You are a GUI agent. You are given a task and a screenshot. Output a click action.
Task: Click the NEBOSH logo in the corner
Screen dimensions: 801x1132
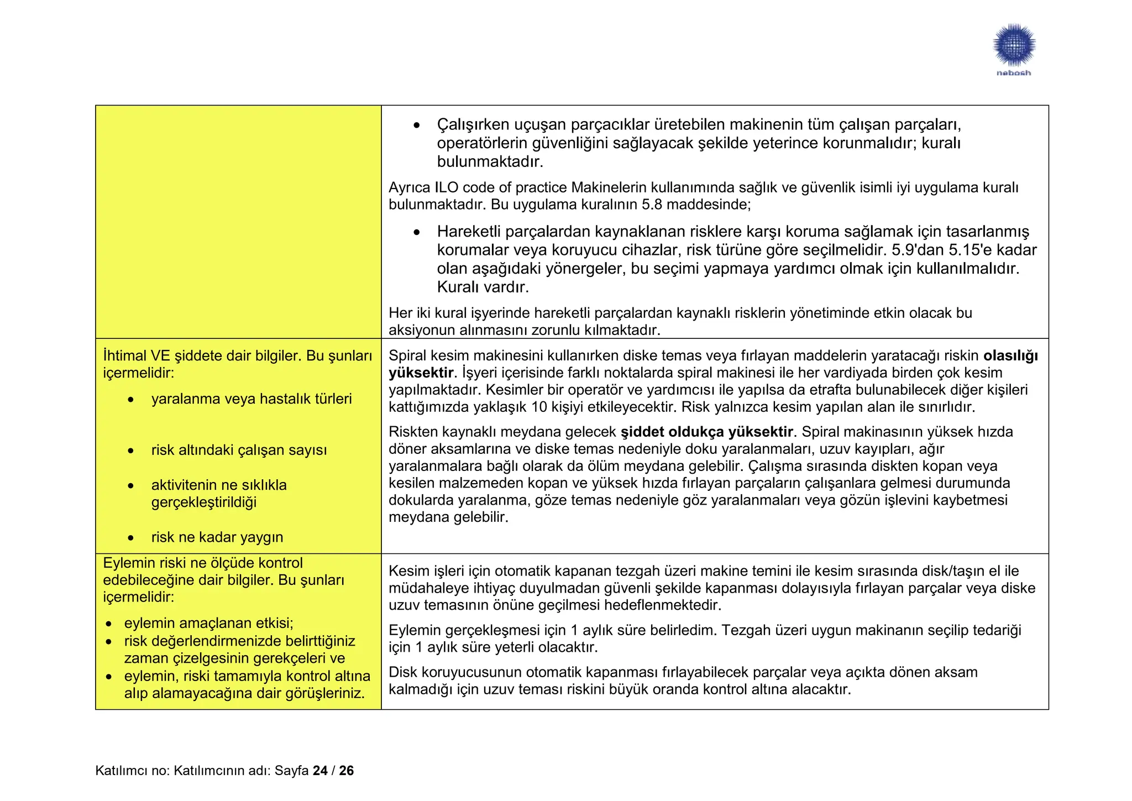(x=1013, y=49)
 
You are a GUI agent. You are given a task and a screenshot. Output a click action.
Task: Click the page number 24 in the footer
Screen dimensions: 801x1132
(x=320, y=771)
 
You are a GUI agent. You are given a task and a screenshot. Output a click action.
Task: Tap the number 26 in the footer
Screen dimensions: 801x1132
(x=347, y=771)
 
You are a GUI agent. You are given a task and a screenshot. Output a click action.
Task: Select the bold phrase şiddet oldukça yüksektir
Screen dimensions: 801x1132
(x=707, y=432)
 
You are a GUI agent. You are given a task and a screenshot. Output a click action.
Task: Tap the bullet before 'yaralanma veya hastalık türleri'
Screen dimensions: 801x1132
(x=130, y=400)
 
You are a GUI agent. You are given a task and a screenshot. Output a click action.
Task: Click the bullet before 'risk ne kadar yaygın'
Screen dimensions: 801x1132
(x=130, y=538)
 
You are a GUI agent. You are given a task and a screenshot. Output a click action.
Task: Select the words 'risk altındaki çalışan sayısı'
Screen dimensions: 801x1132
(x=239, y=451)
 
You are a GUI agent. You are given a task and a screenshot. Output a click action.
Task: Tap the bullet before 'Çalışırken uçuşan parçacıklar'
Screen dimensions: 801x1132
(x=417, y=125)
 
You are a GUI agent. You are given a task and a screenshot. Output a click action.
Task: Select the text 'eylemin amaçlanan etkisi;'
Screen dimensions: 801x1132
(x=208, y=624)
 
